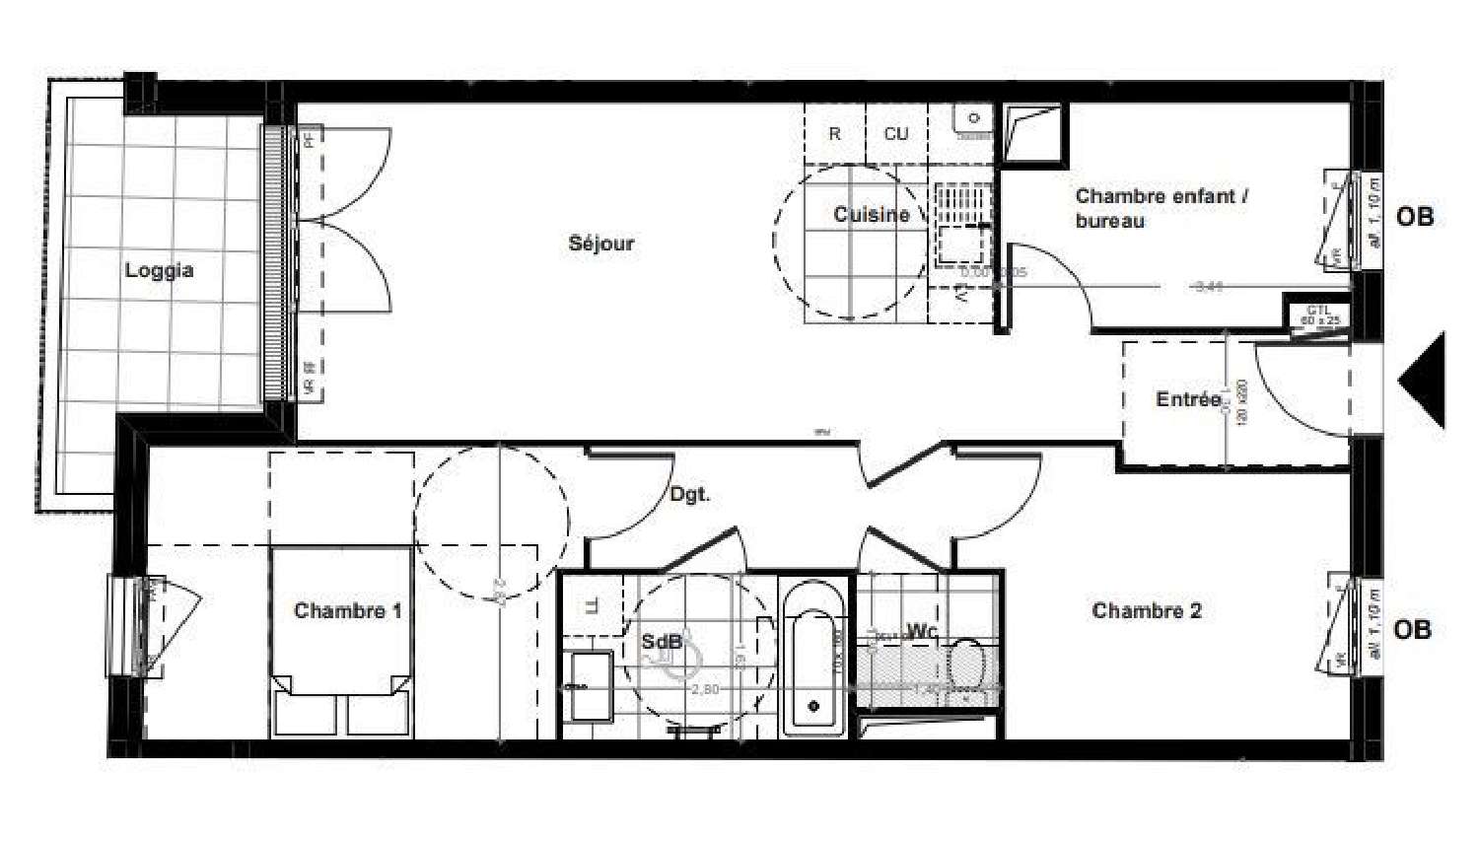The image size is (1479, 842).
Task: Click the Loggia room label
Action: pyautogui.click(x=159, y=270)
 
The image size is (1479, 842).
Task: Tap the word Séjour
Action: pyautogui.click(x=600, y=244)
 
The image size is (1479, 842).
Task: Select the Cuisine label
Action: pyautogui.click(x=871, y=214)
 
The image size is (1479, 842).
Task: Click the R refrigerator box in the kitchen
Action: pyautogui.click(x=834, y=134)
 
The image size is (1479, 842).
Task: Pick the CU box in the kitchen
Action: pyautogui.click(x=895, y=134)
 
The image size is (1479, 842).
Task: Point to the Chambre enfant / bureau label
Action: pyautogui.click(x=1161, y=208)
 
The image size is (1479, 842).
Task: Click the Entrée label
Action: pyautogui.click(x=1187, y=399)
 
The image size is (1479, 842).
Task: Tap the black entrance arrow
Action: pyautogui.click(x=1424, y=381)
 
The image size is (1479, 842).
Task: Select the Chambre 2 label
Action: pyautogui.click(x=1146, y=611)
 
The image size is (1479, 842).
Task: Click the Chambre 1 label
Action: pyautogui.click(x=347, y=611)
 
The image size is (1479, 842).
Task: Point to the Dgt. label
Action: pyautogui.click(x=689, y=494)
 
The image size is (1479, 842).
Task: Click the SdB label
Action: pyautogui.click(x=661, y=642)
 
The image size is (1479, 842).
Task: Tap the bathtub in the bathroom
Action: pyautogui.click(x=813, y=661)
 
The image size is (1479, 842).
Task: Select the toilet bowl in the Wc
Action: pyautogui.click(x=966, y=664)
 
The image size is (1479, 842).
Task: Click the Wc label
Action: pyautogui.click(x=921, y=631)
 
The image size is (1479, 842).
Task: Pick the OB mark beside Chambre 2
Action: pyautogui.click(x=1412, y=629)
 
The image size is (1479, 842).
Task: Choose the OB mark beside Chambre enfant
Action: pyautogui.click(x=1414, y=217)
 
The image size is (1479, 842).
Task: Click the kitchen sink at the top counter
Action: pyautogui.click(x=973, y=119)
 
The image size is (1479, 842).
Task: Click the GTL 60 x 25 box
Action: pyautogui.click(x=1319, y=316)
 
